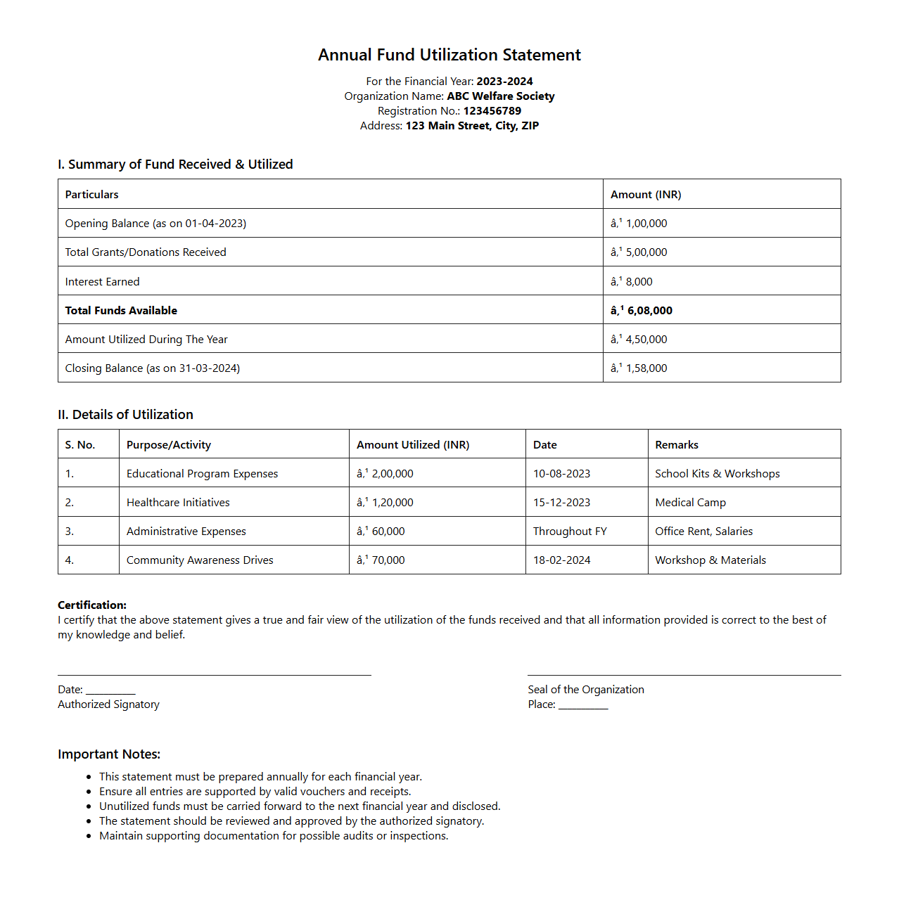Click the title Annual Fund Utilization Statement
point(449,55)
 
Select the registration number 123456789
point(492,111)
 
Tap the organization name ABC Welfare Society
point(500,96)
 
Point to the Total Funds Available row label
point(121,311)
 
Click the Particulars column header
point(92,195)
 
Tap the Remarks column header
point(677,445)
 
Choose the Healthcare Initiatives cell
point(178,503)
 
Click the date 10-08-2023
point(561,474)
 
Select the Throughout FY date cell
point(570,532)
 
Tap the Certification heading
point(92,605)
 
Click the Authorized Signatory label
point(108,704)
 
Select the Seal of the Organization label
point(586,690)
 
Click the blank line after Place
point(583,706)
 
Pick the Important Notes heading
point(109,754)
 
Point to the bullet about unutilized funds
point(300,806)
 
